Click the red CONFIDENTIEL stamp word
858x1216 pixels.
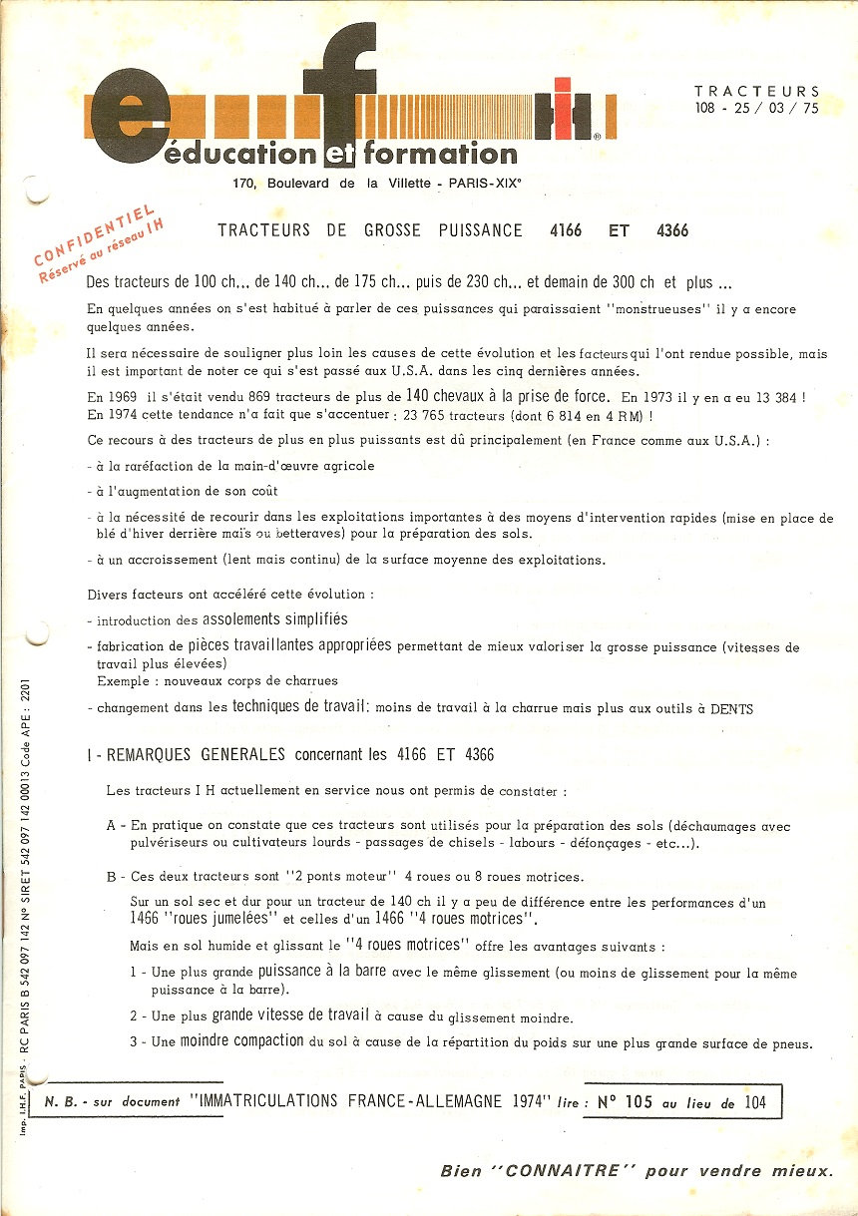(95, 235)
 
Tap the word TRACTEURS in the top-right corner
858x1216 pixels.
(757, 91)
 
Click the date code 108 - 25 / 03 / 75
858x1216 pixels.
(757, 108)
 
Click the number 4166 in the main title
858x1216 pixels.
(567, 230)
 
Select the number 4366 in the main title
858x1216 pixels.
(672, 230)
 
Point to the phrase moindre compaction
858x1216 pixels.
(241, 1040)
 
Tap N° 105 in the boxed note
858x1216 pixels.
(624, 1102)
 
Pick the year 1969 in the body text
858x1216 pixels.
(122, 396)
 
